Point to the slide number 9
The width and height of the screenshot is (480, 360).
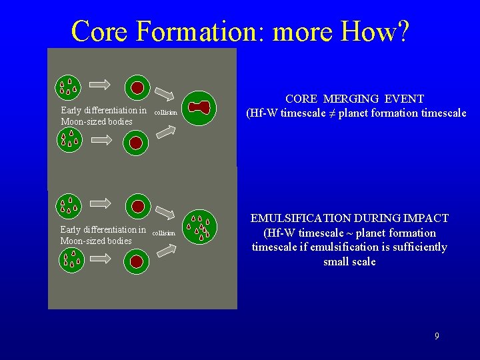437,336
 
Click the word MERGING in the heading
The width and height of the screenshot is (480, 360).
352,99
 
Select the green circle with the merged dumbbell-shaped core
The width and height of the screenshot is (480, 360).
200,107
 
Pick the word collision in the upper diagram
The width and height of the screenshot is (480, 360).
165,113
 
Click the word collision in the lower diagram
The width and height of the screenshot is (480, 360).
164,233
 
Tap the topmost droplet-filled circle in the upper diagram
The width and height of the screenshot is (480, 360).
68,86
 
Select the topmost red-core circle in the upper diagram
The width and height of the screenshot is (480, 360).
137,87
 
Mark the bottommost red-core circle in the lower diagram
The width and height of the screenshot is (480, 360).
137,261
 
